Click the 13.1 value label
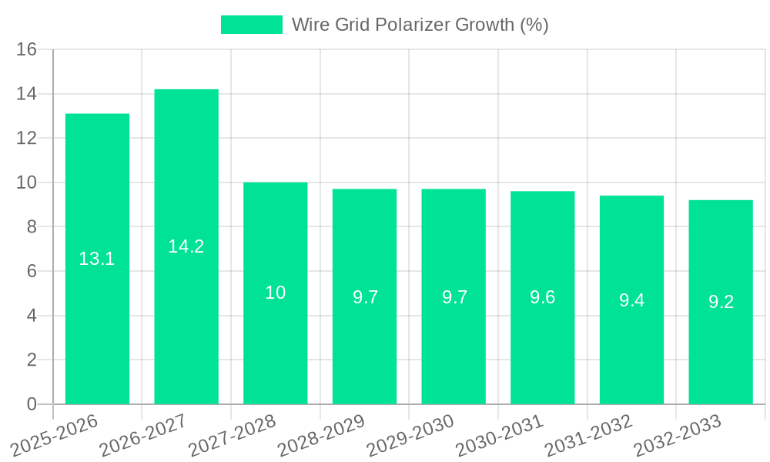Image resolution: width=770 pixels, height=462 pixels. (97, 259)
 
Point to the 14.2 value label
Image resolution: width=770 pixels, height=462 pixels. (186, 246)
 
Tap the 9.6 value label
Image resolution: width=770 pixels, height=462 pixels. (543, 297)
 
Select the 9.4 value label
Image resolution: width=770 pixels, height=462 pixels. (632, 301)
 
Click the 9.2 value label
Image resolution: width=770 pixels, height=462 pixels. (721, 302)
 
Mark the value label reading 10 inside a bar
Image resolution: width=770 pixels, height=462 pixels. (276, 293)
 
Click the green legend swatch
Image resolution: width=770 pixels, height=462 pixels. (252, 25)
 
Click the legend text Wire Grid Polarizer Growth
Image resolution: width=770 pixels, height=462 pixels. (420, 25)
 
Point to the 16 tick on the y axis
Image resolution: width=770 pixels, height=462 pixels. (27, 49)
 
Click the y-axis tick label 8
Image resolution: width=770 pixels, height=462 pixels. (32, 227)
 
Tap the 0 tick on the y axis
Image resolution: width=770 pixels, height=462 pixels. (32, 404)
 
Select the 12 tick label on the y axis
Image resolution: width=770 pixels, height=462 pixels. (27, 139)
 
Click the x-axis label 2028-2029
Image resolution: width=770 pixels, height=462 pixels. (322, 435)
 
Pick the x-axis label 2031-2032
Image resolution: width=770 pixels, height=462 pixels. (589, 435)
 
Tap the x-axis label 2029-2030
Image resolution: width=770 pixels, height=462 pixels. (411, 435)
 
